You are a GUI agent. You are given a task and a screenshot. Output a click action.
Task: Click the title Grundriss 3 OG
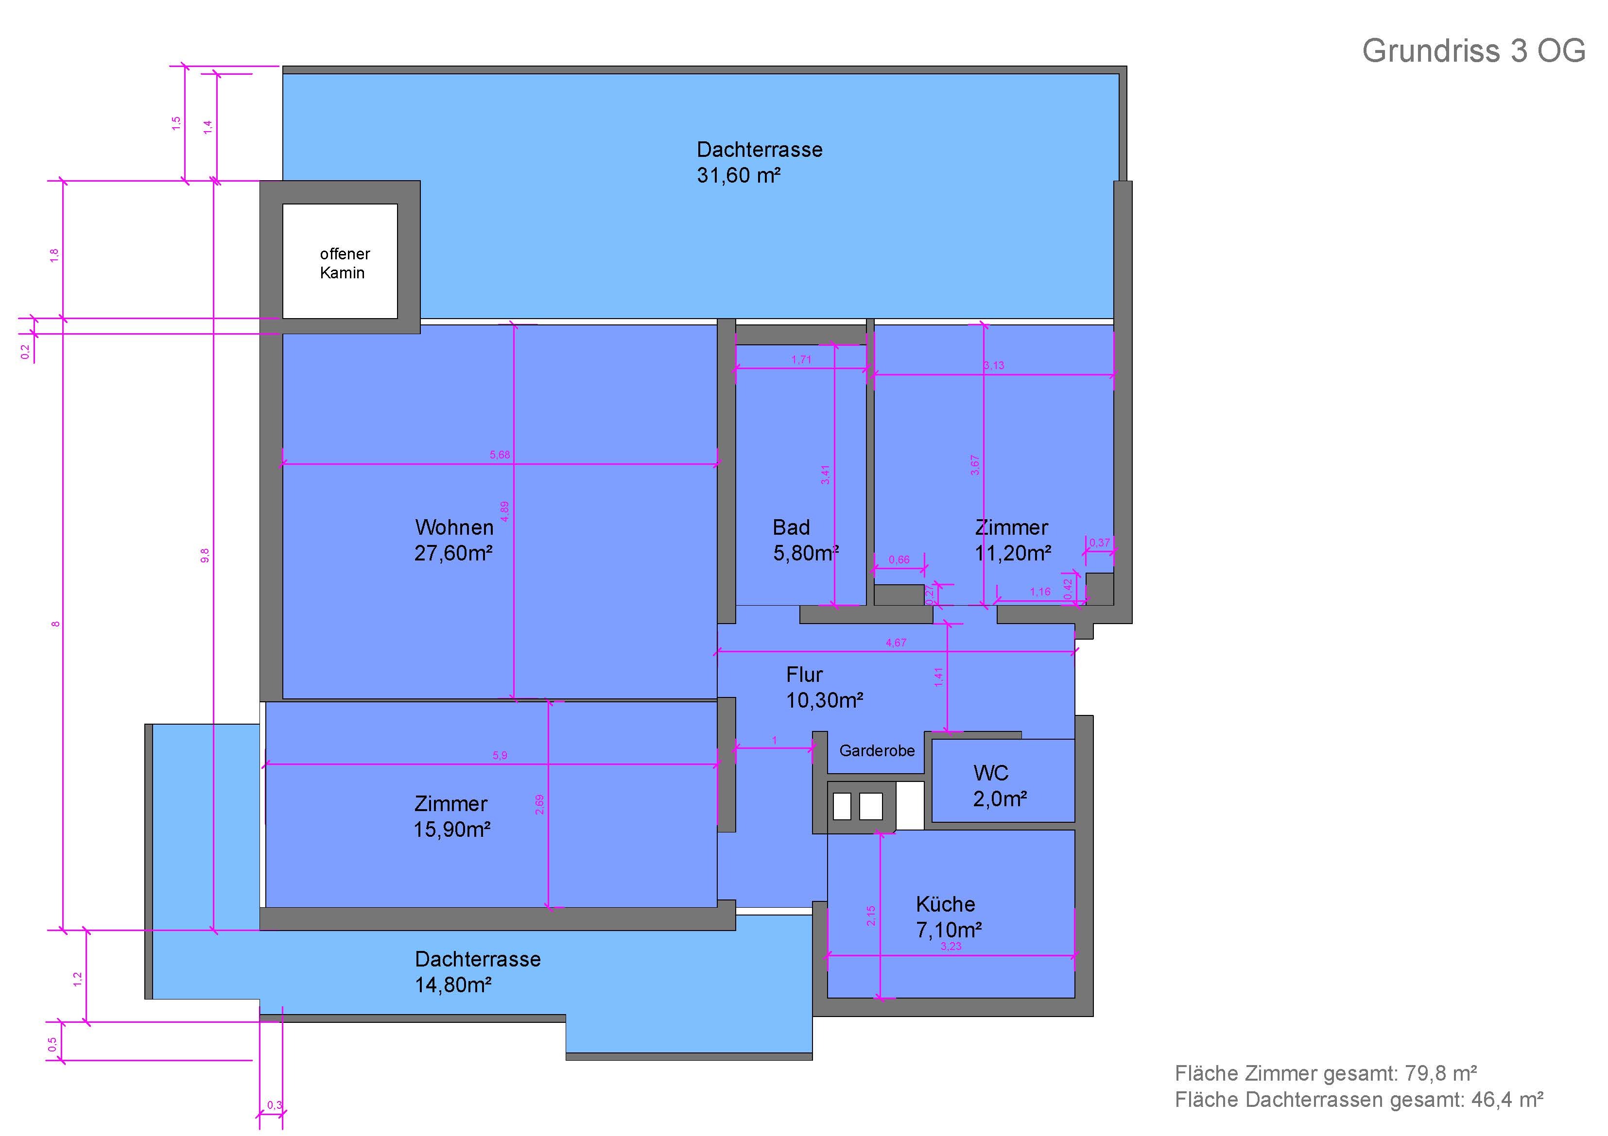pyautogui.click(x=1473, y=51)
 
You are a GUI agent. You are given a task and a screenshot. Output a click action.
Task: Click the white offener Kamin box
pyautogui.click(x=340, y=261)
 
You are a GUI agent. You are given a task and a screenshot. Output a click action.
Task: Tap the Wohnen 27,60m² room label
pyautogui.click(x=454, y=540)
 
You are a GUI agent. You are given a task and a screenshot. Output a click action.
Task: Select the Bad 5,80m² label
pyautogui.click(x=805, y=540)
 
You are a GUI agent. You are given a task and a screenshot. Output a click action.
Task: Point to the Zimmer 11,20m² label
pyautogui.click(x=1013, y=540)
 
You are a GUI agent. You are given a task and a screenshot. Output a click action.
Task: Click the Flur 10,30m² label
pyautogui.click(x=824, y=687)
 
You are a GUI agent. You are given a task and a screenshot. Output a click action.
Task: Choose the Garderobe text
pyautogui.click(x=877, y=750)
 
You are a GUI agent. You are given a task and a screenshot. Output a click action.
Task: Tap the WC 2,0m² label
pyautogui.click(x=1000, y=785)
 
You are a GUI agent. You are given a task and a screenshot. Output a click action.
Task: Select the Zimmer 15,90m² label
pyautogui.click(x=452, y=816)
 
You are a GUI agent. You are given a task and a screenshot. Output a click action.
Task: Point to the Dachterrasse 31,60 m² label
pyautogui.click(x=759, y=162)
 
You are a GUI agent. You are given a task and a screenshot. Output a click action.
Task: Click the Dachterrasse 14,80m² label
pyautogui.click(x=478, y=971)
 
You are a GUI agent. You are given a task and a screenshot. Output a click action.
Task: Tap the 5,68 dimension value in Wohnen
pyautogui.click(x=500, y=455)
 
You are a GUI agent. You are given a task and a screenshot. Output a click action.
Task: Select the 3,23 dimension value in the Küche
pyautogui.click(x=951, y=946)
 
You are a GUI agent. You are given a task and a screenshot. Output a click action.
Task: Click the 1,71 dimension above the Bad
pyautogui.click(x=801, y=360)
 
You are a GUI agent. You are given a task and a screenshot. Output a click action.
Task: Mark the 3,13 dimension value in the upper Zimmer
pyautogui.click(x=994, y=365)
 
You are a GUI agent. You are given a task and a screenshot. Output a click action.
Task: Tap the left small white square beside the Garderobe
pyautogui.click(x=842, y=806)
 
